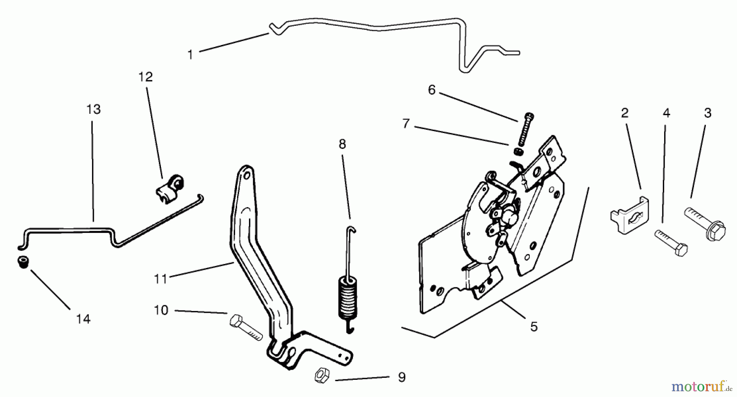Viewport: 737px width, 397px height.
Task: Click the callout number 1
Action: (190, 55)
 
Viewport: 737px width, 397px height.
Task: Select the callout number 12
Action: (145, 77)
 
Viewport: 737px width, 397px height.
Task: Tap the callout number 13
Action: (93, 109)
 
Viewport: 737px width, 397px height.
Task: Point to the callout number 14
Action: (83, 319)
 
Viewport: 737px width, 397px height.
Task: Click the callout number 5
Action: (534, 327)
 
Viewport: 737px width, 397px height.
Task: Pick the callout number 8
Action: (342, 144)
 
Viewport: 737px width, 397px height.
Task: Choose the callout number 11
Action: (161, 279)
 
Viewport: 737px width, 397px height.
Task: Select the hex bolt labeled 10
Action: (244, 327)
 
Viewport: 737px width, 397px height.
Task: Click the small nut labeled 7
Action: (517, 152)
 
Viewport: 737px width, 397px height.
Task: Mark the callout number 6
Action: (432, 90)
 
